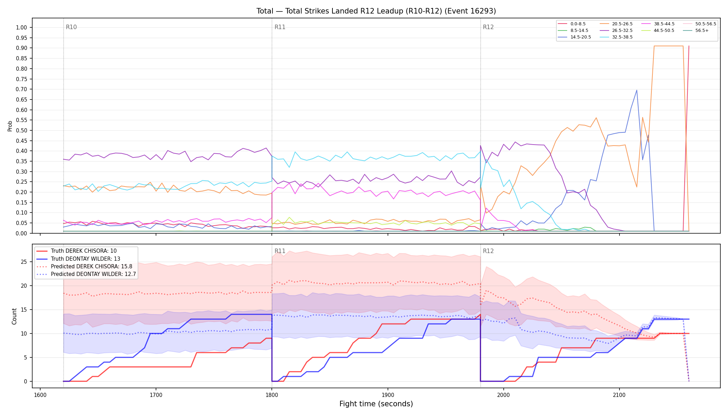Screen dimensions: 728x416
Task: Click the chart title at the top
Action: point(376,11)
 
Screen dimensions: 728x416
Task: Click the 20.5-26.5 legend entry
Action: point(617,24)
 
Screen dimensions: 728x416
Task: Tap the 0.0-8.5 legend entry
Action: point(572,24)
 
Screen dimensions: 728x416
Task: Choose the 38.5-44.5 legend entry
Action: point(658,24)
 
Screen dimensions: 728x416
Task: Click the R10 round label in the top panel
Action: point(71,27)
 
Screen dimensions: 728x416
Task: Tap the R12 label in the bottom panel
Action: point(488,251)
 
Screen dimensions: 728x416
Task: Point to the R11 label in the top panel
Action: point(280,27)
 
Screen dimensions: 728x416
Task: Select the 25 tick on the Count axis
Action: point(24,262)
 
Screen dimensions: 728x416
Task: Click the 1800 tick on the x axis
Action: point(272,395)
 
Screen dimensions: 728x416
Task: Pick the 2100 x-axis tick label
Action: point(619,395)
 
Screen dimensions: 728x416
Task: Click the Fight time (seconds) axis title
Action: point(376,404)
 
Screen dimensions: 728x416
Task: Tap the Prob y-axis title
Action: point(10,126)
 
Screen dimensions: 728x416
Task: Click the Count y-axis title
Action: point(14,316)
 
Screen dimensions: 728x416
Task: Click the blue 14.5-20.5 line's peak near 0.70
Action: point(636,90)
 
